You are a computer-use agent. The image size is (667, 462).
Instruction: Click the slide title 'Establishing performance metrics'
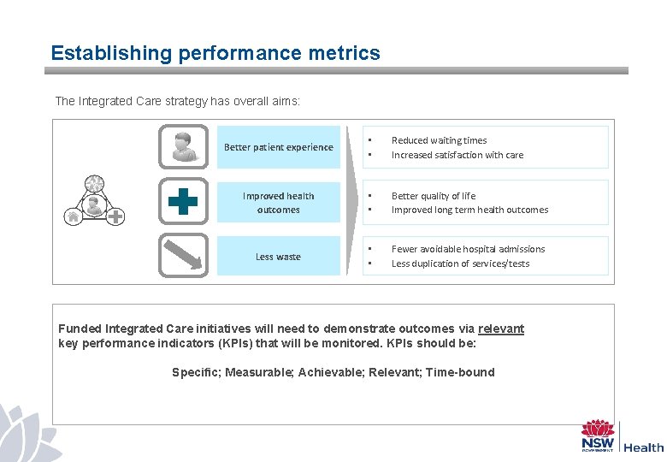pos(215,53)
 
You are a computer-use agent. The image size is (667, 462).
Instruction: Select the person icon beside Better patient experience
pos(183,146)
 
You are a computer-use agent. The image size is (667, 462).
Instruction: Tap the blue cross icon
pos(183,202)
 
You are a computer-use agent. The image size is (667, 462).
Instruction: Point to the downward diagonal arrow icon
pos(183,255)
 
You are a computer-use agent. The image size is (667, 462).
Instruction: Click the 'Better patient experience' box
pos(279,147)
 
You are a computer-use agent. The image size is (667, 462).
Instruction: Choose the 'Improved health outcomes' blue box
pos(279,203)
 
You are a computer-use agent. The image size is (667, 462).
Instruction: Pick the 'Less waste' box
pos(279,257)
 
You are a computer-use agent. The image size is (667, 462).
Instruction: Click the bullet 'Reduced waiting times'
pos(439,140)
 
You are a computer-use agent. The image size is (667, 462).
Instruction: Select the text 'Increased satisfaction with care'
pos(457,155)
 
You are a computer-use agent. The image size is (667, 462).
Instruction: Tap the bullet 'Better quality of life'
pos(434,196)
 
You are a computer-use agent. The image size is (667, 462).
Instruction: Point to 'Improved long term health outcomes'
pos(469,210)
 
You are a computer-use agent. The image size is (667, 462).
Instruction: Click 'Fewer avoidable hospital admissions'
pos(468,249)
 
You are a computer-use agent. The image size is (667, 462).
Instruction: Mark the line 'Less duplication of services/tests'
pos(460,264)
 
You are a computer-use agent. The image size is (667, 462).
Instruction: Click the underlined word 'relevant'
pos(501,329)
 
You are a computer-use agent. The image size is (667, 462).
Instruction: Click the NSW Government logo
pos(598,435)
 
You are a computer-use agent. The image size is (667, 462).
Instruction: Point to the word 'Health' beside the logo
pos(643,447)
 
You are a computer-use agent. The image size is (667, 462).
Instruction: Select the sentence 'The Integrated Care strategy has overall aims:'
pos(177,101)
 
